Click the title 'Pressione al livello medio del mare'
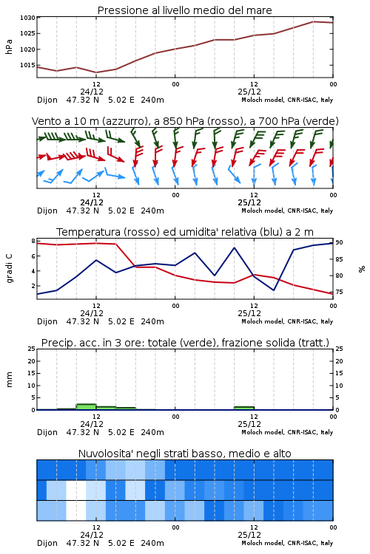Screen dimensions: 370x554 pos(184,10)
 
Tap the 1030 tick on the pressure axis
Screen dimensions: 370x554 pos(27,18)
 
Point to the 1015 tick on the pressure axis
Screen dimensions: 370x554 pos(27,65)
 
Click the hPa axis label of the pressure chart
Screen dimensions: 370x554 pos(9,47)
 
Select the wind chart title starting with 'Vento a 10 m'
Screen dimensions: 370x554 pos(185,121)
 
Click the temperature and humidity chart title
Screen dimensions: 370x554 pos(185,232)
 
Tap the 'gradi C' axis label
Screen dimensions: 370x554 pos(9,269)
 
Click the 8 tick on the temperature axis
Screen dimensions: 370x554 pos(33,241)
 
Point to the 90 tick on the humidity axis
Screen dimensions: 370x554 pos(339,242)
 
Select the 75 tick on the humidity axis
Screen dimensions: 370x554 pos(339,292)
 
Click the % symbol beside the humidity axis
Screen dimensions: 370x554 pos(362,269)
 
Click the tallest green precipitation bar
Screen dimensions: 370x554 pos(87,407)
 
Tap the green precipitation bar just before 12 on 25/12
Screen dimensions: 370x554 pos(244,408)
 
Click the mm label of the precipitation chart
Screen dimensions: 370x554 pos(9,380)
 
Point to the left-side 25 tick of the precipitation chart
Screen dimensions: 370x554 pos(32,349)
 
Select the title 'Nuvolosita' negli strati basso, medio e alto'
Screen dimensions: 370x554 pos(185,454)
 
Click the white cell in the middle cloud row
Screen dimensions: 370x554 pos(76,490)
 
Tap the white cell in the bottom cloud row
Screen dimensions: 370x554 pos(76,510)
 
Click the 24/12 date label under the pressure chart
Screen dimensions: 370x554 pos(92,92)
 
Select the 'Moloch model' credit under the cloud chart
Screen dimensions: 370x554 pos(263,543)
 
